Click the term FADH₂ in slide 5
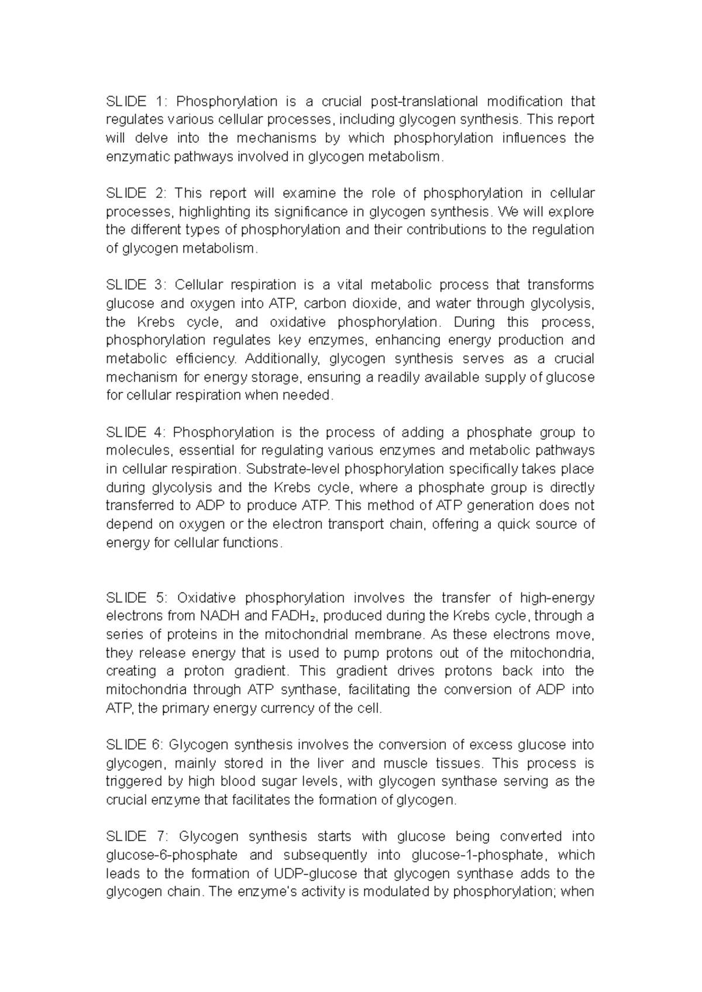(x=295, y=616)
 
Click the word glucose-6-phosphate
(x=171, y=855)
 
